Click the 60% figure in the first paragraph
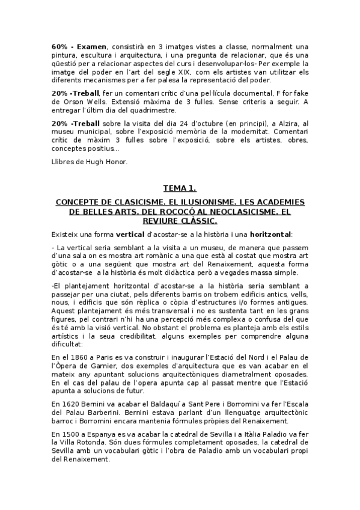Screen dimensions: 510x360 click(59, 46)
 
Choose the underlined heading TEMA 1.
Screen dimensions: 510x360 click(180, 188)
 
